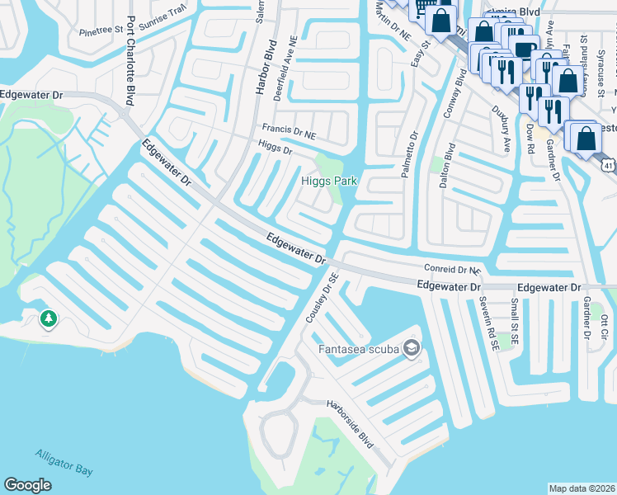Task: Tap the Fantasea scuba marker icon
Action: (412, 349)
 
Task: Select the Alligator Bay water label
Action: (64, 462)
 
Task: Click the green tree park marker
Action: (49, 318)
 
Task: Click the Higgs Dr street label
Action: (275, 149)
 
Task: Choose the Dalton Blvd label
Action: (447, 168)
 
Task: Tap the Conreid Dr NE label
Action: (452, 269)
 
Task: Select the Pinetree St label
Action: (101, 33)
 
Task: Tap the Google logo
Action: (28, 484)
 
